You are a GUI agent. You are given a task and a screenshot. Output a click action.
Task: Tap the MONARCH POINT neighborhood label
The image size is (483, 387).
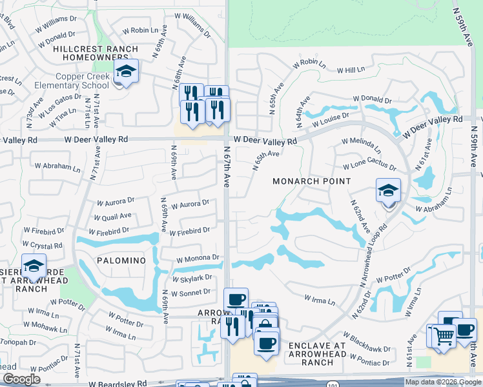tap(311, 182)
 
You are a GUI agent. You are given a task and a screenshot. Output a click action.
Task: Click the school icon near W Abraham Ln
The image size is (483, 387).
tap(388, 192)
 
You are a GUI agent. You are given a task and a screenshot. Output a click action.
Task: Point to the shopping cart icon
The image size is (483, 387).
tap(443, 335)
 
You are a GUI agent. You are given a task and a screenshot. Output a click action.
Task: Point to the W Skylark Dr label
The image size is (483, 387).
tap(192, 278)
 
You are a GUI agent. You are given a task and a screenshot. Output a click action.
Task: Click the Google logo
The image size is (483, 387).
tap(21, 379)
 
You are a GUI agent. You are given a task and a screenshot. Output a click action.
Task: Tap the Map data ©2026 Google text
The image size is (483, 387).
tap(443, 382)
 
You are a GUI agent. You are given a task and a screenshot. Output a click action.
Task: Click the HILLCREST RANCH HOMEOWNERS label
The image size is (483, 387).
tap(96, 53)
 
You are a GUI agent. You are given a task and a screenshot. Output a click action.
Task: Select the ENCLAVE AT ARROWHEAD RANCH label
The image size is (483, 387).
tap(317, 353)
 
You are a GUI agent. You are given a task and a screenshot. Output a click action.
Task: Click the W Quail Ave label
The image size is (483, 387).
tap(112, 216)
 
